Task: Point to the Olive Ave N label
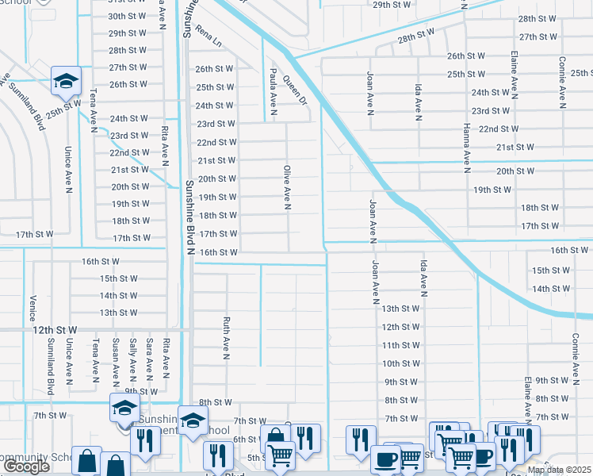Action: [287, 188]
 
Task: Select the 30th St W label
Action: [128, 16]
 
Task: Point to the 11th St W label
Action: [400, 345]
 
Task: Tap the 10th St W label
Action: [400, 363]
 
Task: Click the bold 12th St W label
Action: [55, 328]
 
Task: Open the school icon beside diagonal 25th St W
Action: [66, 80]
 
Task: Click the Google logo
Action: [26, 466]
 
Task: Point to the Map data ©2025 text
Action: [558, 470]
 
